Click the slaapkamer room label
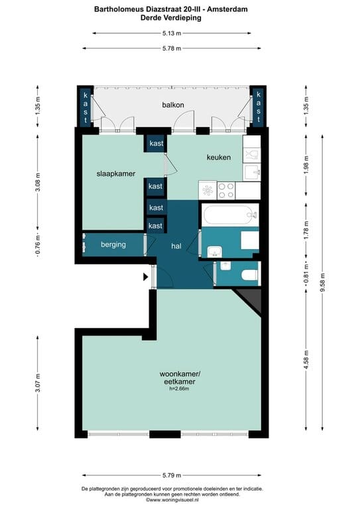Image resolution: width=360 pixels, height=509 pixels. [x=115, y=174]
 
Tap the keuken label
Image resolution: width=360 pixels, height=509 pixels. [x=219, y=157]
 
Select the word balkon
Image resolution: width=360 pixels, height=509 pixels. [x=173, y=105]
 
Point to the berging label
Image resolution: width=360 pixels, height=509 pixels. [x=113, y=245]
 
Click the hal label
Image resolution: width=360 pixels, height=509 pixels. [x=176, y=247]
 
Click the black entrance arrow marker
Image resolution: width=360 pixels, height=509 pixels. [x=146, y=277]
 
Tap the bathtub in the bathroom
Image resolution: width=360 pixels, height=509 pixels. [x=230, y=215]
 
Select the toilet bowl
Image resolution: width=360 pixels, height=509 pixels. [x=249, y=275]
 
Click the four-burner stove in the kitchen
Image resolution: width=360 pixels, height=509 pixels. [x=226, y=191]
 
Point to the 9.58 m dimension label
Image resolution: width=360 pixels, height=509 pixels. [x=322, y=282]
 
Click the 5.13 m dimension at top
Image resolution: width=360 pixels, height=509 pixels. [x=172, y=33]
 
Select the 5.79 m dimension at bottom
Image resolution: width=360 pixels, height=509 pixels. [x=172, y=475]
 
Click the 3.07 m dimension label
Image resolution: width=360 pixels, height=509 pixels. [x=38, y=383]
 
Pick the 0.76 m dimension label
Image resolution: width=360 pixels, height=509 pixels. [x=38, y=245]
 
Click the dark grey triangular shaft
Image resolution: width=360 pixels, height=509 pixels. [x=252, y=298]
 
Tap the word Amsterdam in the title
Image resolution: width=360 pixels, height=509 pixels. [x=227, y=9]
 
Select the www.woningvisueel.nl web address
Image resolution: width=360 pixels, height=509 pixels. [x=172, y=500]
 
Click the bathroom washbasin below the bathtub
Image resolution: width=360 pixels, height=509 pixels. [x=214, y=251]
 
